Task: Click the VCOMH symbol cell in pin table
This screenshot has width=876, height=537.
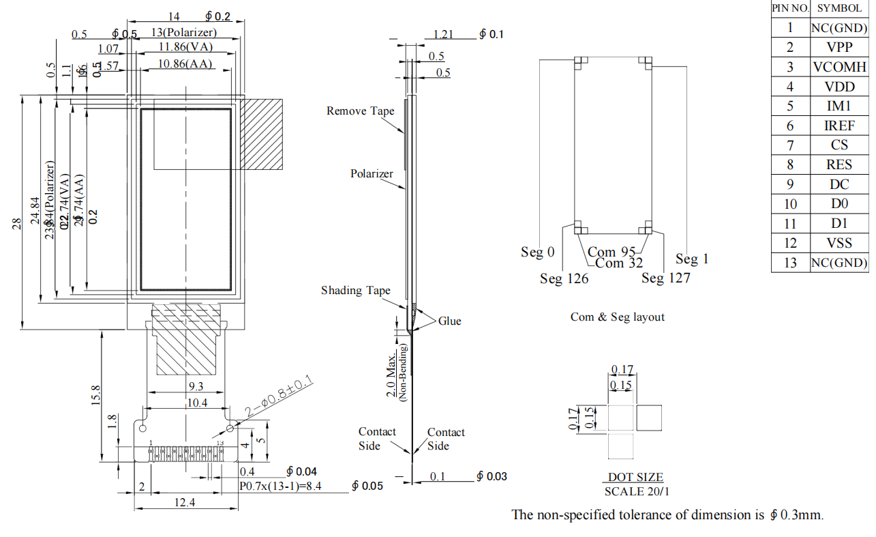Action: click(x=839, y=67)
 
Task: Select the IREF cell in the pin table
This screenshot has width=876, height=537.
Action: click(x=839, y=126)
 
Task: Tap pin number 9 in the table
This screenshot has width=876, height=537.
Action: click(x=790, y=184)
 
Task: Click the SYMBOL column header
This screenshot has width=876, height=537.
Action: click(x=839, y=8)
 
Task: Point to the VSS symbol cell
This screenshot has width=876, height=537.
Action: click(x=839, y=243)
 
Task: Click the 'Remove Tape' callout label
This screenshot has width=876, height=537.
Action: click(x=360, y=111)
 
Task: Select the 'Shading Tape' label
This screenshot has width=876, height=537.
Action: click(x=356, y=291)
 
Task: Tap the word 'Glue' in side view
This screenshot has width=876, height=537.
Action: click(x=449, y=321)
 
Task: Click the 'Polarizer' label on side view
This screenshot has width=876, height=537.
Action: click(x=372, y=174)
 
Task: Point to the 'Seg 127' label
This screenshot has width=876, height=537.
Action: click(x=665, y=278)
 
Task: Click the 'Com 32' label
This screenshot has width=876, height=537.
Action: click(x=619, y=263)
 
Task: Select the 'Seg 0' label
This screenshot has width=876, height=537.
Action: click(x=538, y=252)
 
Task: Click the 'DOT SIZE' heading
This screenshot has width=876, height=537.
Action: click(x=635, y=478)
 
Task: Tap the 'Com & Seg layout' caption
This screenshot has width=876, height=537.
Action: click(x=617, y=317)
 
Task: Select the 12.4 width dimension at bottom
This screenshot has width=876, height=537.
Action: click(x=185, y=503)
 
